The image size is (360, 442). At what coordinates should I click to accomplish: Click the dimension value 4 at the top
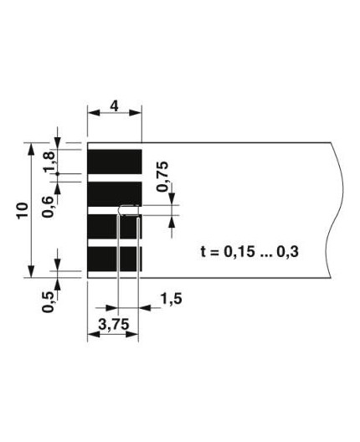pyautogui.click(x=114, y=106)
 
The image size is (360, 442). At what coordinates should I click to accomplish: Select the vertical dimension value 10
pyautogui.click(x=23, y=209)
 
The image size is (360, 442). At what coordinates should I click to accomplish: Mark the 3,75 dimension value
pyautogui.click(x=112, y=326)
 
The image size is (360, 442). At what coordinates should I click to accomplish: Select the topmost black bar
pyautogui.click(x=115, y=161)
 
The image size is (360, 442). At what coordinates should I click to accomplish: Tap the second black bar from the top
pyautogui.click(x=115, y=193)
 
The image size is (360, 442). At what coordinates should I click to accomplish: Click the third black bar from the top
pyautogui.click(x=115, y=226)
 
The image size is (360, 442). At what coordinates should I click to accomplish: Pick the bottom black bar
pyautogui.click(x=115, y=258)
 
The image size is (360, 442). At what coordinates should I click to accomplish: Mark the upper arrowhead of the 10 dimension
pyautogui.click(x=32, y=149)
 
